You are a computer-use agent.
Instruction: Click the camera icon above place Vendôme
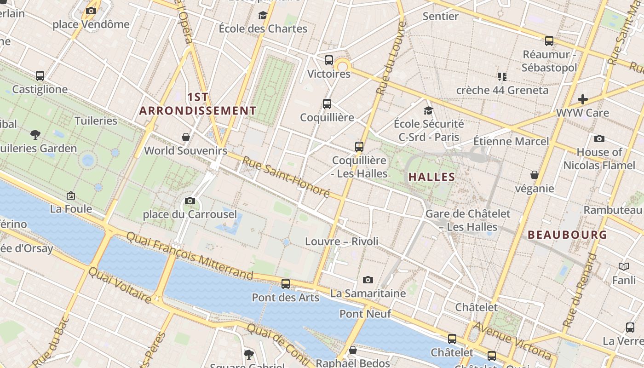[91, 11]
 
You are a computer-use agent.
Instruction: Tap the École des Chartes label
[263, 29]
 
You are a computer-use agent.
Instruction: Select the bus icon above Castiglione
[40, 76]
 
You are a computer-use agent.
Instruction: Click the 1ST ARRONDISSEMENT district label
[198, 104]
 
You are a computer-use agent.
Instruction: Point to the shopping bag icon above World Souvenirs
[186, 137]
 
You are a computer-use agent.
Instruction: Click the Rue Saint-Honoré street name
[286, 177]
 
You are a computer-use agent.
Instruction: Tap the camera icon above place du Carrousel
[190, 201]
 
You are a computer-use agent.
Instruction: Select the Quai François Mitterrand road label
[190, 256]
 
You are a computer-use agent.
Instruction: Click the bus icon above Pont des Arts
[286, 283]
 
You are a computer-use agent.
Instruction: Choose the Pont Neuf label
[365, 314]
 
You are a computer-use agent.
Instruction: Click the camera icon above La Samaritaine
[368, 280]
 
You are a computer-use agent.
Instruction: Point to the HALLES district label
[431, 177]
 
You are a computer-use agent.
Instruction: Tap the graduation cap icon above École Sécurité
[428, 110]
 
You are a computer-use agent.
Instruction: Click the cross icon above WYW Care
[583, 99]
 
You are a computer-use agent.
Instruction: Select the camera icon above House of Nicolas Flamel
[599, 138]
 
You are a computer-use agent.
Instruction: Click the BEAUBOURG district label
[567, 235]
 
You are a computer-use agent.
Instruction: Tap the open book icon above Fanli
[624, 266]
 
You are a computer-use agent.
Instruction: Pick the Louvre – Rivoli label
[342, 241]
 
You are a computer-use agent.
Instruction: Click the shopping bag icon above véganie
[534, 175]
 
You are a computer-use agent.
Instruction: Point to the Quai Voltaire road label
[120, 285]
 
